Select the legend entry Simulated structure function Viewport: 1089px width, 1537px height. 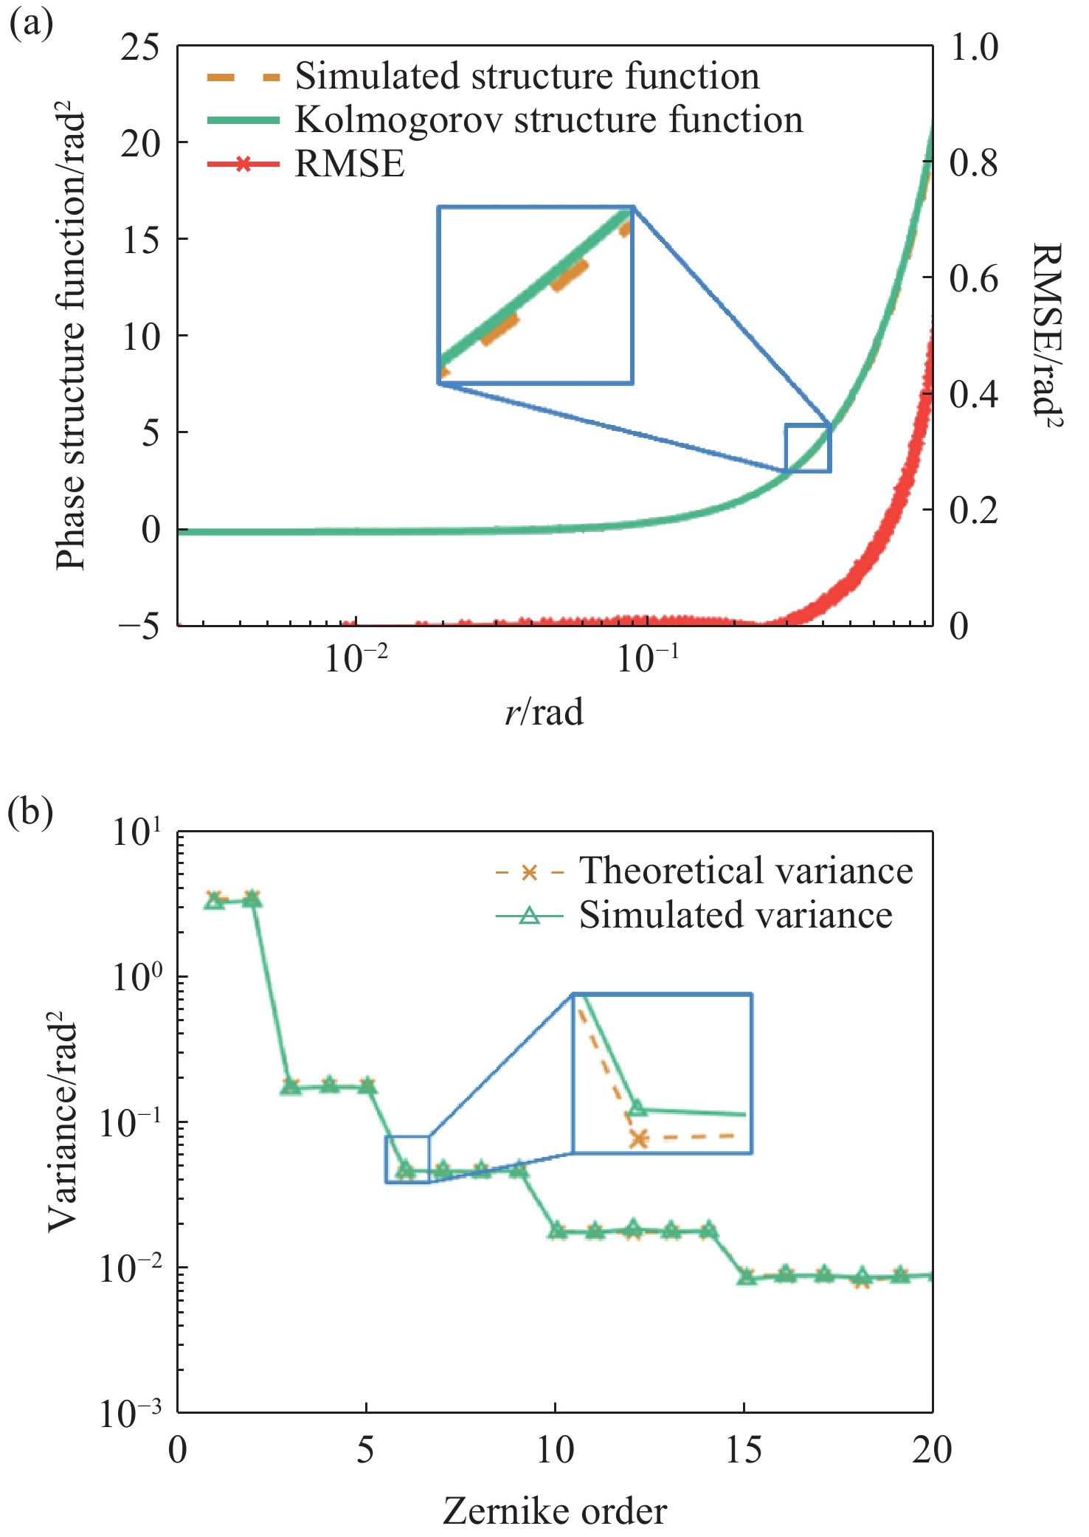point(527,76)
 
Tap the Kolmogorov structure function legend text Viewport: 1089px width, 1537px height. point(549,120)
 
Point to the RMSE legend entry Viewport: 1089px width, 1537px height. point(350,163)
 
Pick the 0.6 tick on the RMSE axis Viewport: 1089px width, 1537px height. point(973,279)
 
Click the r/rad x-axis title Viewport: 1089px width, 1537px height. point(544,712)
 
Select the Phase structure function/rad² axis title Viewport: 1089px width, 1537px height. point(72,341)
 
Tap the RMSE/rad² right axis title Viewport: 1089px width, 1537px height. point(1046,336)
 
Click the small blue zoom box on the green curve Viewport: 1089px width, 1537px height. point(808,448)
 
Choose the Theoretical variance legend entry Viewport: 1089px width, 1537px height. point(745,871)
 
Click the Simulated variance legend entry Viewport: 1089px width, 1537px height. point(736,915)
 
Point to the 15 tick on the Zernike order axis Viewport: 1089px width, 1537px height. point(744,1450)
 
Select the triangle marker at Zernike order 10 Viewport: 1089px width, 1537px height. point(556,1230)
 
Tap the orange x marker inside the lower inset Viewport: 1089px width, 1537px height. point(639,1139)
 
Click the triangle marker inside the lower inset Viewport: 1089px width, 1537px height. point(638,1108)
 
